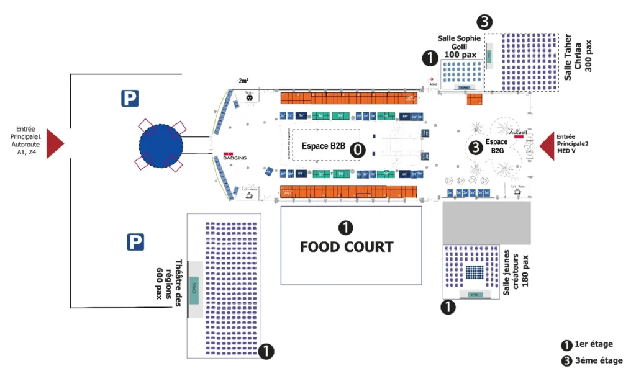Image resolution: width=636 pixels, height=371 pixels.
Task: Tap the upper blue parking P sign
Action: click(130, 97)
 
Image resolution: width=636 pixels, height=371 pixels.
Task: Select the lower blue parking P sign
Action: click(136, 242)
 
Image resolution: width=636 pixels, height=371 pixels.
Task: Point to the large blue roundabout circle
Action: click(161, 146)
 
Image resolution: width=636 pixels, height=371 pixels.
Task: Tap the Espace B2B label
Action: click(323, 146)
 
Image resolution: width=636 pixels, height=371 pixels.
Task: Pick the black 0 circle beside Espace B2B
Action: click(357, 149)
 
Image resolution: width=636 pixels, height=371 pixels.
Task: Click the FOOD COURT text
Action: click(347, 247)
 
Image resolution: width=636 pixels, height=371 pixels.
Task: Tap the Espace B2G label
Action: click(496, 146)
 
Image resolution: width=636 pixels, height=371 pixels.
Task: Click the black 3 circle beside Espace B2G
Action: click(475, 147)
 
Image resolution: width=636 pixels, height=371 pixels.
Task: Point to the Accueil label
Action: click(517, 132)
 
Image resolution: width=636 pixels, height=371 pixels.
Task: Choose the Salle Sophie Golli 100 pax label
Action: click(460, 47)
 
